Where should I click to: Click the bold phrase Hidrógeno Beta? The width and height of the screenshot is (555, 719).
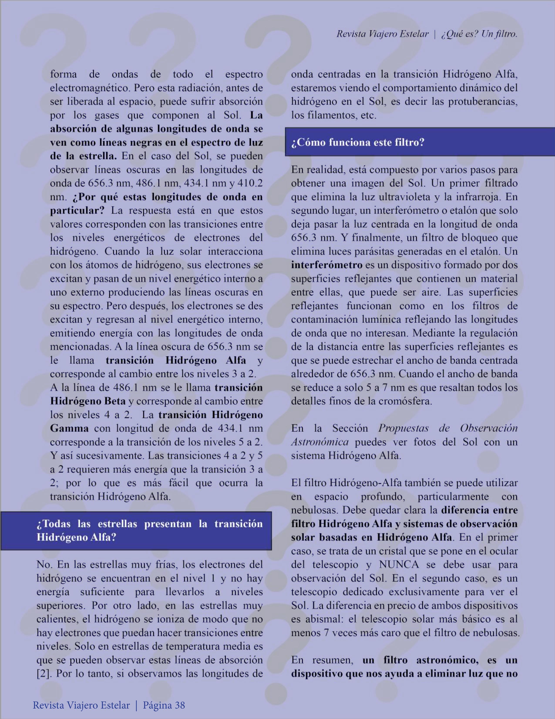88,401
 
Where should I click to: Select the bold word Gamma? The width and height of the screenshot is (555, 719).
69,428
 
